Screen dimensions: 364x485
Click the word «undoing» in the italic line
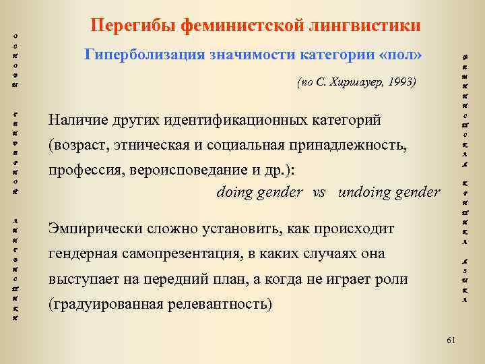click(364, 192)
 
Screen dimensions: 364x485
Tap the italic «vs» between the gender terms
click(319, 192)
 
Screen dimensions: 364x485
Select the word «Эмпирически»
click(90, 229)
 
